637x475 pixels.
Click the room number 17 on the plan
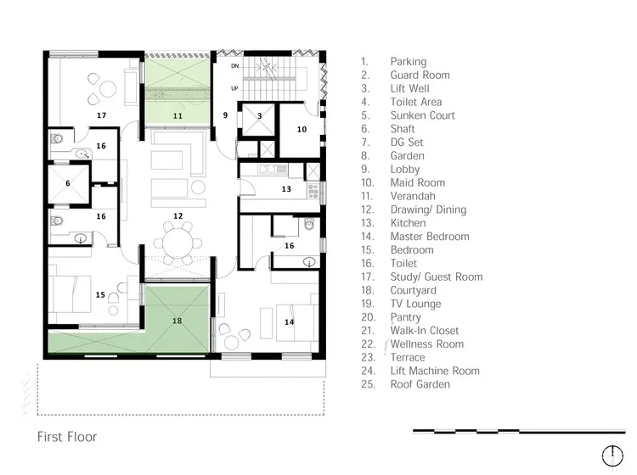click(x=101, y=115)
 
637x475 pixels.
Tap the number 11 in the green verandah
click(x=178, y=115)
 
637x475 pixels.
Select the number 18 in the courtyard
click(x=177, y=321)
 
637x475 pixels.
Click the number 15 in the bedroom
click(x=100, y=295)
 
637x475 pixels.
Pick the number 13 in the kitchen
click(x=286, y=189)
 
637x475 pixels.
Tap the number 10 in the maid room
click(x=302, y=129)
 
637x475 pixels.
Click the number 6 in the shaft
click(x=67, y=182)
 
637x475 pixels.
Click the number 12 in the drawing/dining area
click(x=178, y=216)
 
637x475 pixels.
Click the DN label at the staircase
click(x=237, y=64)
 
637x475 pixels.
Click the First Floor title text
click(x=66, y=438)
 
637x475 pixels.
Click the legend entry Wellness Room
click(x=426, y=344)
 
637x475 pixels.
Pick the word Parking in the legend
click(x=408, y=62)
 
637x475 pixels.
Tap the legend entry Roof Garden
click(x=420, y=384)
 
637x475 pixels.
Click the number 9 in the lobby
click(x=226, y=115)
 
